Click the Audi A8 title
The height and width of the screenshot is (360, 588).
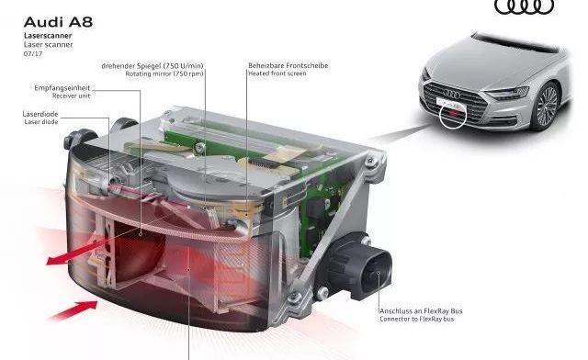coord(58,22)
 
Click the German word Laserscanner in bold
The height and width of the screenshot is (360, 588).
coord(48,36)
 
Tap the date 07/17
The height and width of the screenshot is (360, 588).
coord(33,53)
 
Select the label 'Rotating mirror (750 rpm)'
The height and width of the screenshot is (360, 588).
coord(164,73)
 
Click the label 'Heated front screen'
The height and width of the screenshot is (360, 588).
coord(277,73)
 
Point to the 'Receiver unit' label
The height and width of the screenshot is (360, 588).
coord(72,96)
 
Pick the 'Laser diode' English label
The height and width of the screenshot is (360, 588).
coord(41,122)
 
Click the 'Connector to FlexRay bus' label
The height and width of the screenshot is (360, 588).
coord(416,319)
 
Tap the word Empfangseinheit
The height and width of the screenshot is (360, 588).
coord(62,88)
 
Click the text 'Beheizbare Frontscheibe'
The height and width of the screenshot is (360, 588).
coord(288,65)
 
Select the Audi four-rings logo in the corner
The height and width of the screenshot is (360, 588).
coord(525,6)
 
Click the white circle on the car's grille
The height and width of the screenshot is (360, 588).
coord(453,115)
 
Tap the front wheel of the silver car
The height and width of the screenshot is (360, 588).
coord(547,107)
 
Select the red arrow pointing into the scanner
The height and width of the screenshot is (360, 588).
coord(73,310)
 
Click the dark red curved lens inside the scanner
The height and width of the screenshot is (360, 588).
coord(138,251)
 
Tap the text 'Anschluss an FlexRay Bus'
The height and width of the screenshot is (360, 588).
coord(421,311)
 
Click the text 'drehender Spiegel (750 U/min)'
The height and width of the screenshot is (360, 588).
coord(153,66)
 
